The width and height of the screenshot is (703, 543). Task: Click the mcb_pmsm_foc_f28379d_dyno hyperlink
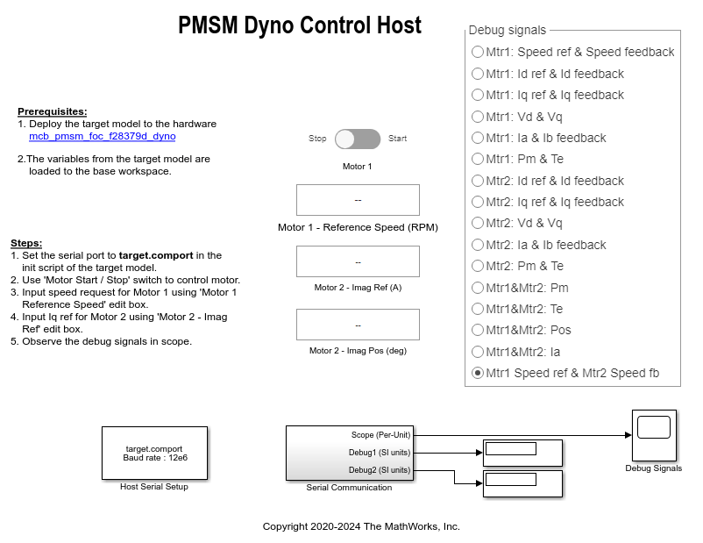[103, 137]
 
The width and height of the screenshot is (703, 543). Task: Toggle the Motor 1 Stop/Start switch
[358, 139]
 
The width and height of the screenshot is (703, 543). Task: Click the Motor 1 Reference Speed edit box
[358, 200]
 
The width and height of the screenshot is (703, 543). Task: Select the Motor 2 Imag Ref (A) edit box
[358, 261]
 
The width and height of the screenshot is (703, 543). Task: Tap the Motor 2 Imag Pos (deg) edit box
[358, 325]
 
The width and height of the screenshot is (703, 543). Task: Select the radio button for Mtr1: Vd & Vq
[478, 117]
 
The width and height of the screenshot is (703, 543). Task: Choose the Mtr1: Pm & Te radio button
[478, 160]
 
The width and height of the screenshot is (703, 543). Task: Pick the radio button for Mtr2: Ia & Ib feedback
[478, 245]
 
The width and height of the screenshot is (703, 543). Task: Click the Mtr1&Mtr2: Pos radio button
[478, 331]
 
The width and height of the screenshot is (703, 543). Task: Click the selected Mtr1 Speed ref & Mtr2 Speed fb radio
[478, 373]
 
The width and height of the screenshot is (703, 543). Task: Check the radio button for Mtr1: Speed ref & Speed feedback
[478, 52]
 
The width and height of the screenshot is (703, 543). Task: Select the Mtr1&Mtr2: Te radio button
[478, 309]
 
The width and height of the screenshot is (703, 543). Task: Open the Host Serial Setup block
[154, 454]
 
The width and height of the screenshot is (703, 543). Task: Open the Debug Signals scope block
[654, 435]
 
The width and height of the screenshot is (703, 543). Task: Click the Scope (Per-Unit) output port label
[380, 435]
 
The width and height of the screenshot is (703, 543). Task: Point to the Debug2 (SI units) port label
[380, 470]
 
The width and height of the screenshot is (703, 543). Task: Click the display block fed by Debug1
[522, 454]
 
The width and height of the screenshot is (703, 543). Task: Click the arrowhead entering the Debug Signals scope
[628, 435]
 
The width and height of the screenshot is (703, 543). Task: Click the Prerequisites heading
[53, 111]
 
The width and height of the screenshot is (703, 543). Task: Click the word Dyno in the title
[268, 26]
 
